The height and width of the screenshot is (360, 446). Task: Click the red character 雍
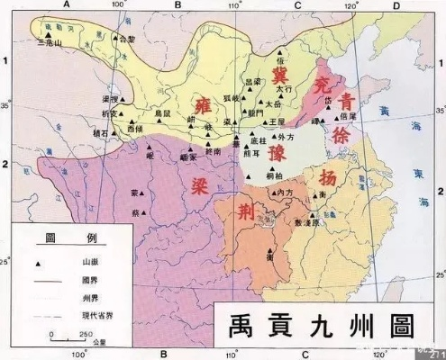(199, 100)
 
